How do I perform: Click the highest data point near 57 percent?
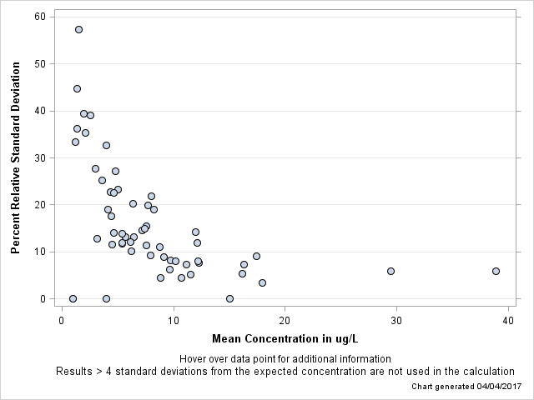[x=78, y=29]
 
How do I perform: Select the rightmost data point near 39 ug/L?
[x=496, y=271]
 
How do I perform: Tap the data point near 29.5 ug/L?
[x=390, y=271]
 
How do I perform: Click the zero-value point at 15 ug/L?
[x=229, y=298]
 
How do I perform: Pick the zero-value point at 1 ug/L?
[x=73, y=298]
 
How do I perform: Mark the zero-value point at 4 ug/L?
[x=106, y=298]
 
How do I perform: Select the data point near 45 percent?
[x=77, y=88]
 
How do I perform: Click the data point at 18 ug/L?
[x=262, y=282]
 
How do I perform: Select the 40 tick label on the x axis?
[x=507, y=320]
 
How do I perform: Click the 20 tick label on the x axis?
[x=285, y=320]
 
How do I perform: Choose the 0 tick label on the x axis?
[x=62, y=320]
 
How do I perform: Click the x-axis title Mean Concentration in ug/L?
[x=285, y=338]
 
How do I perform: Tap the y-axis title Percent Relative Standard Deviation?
[x=15, y=157]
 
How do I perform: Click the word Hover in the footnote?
[x=194, y=358]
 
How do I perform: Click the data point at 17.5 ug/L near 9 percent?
[x=256, y=256]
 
